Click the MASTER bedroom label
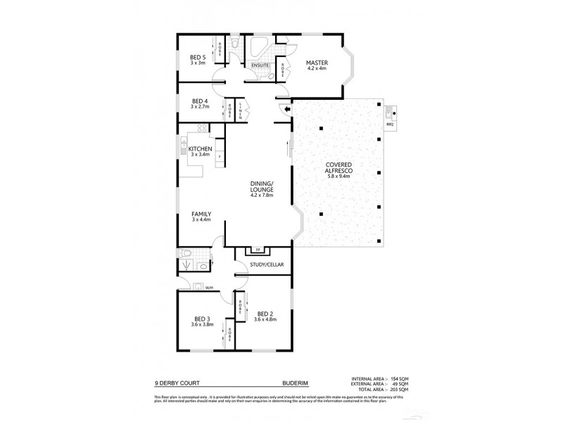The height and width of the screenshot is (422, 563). pyautogui.click(x=313, y=63)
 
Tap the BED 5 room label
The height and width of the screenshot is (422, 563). pyautogui.click(x=198, y=58)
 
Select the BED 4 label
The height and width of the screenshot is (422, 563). pyautogui.click(x=199, y=101)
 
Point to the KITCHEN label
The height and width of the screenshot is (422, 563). pyautogui.click(x=200, y=149)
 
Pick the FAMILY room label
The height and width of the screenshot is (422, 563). pyautogui.click(x=201, y=215)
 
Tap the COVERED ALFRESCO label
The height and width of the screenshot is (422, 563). pyautogui.click(x=339, y=169)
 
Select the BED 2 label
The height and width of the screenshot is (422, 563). pyautogui.click(x=265, y=314)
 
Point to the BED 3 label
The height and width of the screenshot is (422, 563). pyautogui.click(x=201, y=319)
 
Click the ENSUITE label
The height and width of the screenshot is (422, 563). pyautogui.click(x=260, y=65)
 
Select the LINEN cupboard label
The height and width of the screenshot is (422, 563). pyautogui.click(x=241, y=110)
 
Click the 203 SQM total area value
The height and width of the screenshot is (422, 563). pyautogui.click(x=399, y=389)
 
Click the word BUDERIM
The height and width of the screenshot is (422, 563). pyautogui.click(x=292, y=385)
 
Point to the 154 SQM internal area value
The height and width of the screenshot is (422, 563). pyautogui.click(x=399, y=379)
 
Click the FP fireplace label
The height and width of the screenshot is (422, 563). pyautogui.click(x=258, y=250)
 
